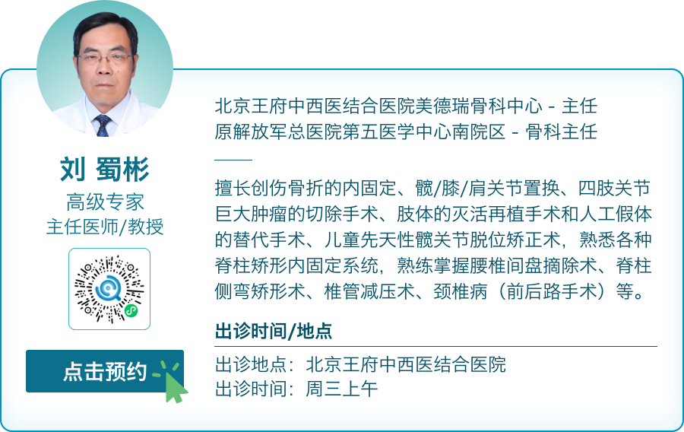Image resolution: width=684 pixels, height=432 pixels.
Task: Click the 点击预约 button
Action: [x=104, y=371]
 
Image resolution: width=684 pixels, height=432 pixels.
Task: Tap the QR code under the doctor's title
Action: [x=109, y=289]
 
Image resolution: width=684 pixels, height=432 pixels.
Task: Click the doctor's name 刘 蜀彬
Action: [x=105, y=170]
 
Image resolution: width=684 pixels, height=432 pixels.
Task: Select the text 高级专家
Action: [x=105, y=202]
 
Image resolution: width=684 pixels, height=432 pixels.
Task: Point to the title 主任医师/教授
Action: [x=105, y=227]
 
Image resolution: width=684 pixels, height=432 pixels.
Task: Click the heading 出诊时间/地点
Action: [x=274, y=332]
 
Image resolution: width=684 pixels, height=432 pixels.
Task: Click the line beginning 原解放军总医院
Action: [x=407, y=132]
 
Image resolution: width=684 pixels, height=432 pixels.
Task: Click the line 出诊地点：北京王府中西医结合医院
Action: [x=360, y=364]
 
